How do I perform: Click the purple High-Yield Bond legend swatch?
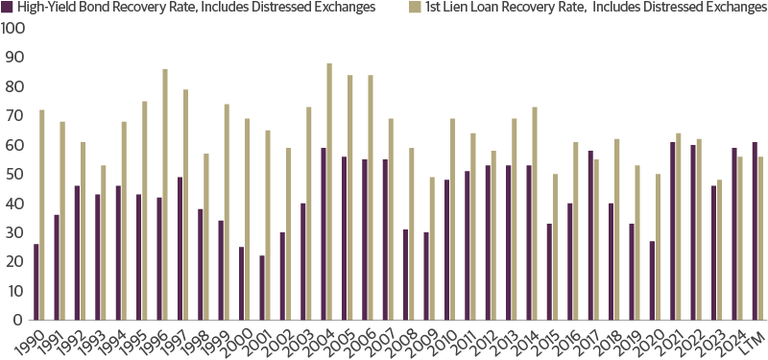tap(8, 8)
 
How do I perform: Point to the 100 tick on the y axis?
tap(13, 29)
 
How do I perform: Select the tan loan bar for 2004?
tap(329, 192)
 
